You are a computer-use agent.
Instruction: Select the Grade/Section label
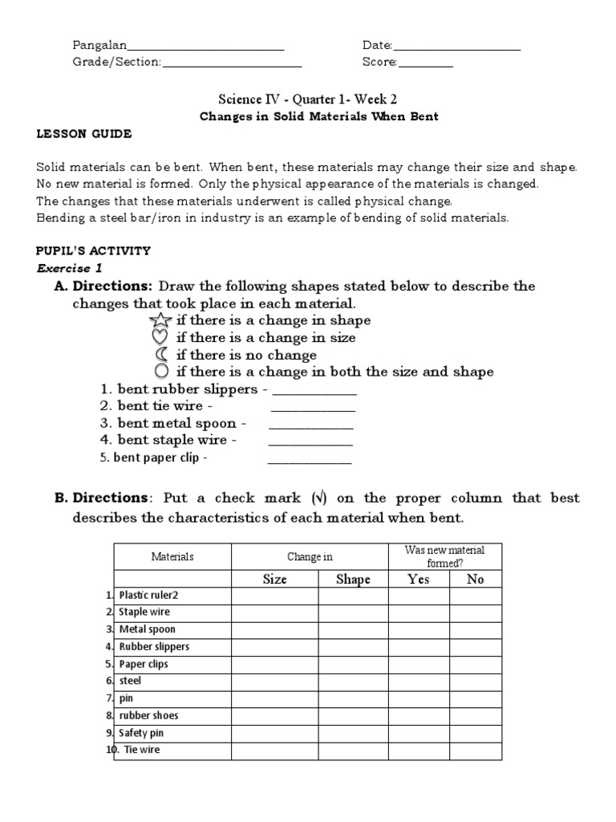click(117, 63)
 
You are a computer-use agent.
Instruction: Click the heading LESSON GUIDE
click(84, 134)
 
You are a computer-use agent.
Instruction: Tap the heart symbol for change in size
click(163, 338)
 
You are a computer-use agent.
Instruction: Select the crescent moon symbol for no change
click(163, 355)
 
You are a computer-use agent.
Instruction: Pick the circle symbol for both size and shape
click(163, 372)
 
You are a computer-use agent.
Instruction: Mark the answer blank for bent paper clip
click(309, 461)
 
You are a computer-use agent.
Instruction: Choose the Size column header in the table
click(274, 580)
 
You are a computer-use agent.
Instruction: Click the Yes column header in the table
click(419, 580)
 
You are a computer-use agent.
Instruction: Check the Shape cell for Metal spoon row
click(353, 630)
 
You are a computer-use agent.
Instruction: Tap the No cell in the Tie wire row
click(476, 751)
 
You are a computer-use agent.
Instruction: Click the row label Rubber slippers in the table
click(154, 647)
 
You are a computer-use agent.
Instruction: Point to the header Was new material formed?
click(446, 556)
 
